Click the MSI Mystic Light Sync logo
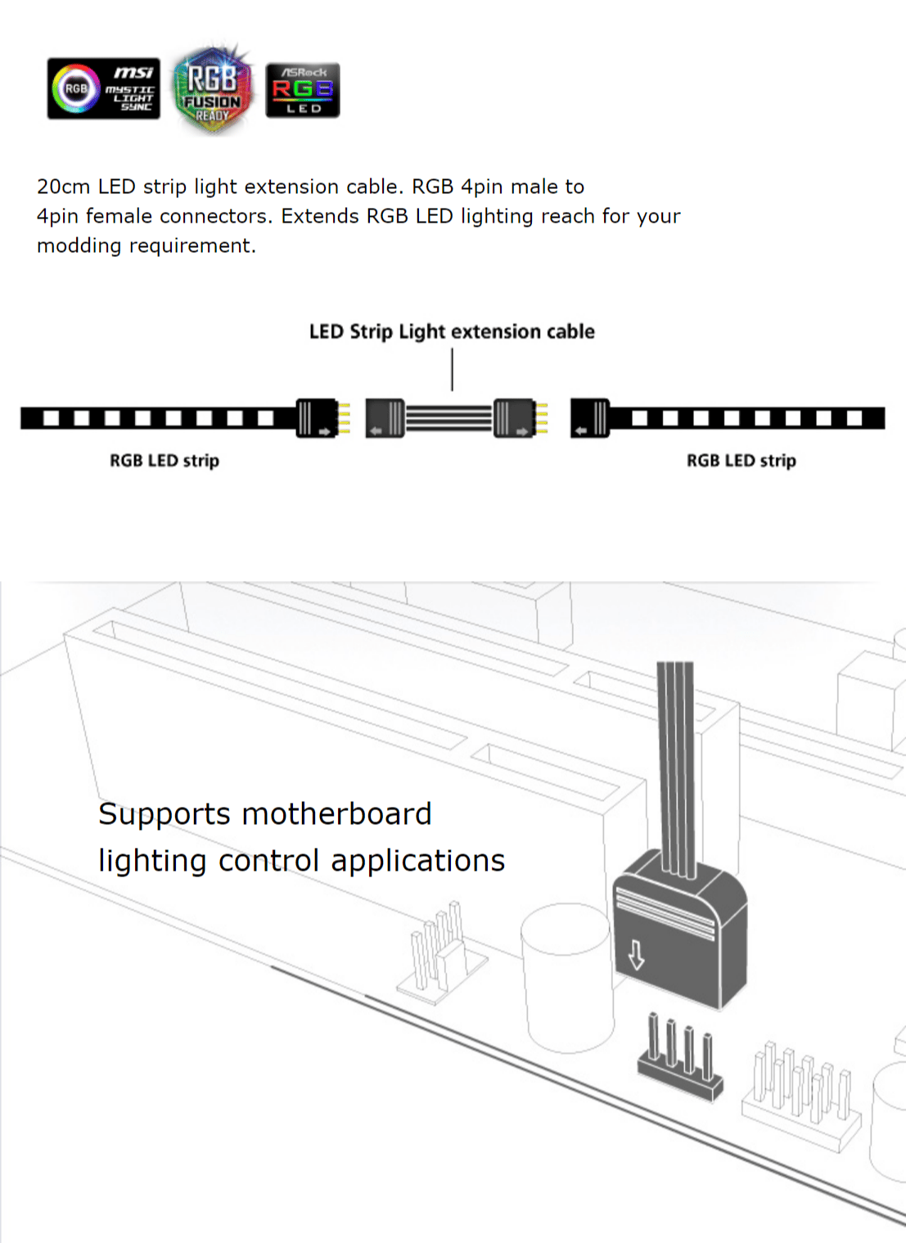tap(103, 88)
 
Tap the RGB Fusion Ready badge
tap(212, 88)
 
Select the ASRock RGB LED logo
tap(302, 89)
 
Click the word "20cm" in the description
tap(63, 187)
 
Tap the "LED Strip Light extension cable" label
tap(452, 331)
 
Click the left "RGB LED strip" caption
tap(165, 461)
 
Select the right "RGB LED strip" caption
tap(741, 461)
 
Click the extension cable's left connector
tap(385, 418)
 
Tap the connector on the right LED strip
tap(590, 418)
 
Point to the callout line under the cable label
tap(452, 369)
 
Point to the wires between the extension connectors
tap(449, 418)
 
